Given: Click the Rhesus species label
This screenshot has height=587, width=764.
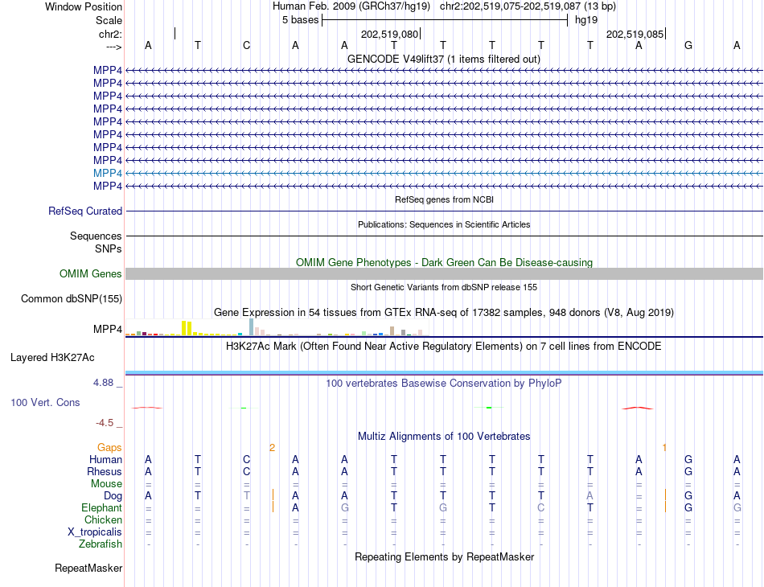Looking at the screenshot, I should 105,471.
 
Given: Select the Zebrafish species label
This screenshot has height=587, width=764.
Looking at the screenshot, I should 101,544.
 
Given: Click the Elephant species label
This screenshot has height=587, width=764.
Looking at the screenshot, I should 101,508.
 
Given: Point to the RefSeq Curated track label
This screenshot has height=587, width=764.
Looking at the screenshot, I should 85,211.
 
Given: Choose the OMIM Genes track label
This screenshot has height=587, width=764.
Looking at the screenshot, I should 91,274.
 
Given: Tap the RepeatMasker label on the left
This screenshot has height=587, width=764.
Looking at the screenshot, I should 88,569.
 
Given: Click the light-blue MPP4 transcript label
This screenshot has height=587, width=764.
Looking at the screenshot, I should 108,173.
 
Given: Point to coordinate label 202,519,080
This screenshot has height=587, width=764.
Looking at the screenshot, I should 390,35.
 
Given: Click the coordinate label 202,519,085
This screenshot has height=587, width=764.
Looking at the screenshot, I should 635,35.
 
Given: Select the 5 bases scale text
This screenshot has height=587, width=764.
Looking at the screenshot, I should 300,20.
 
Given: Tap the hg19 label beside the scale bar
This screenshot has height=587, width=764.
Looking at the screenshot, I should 585,20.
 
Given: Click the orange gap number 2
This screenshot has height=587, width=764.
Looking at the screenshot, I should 272,447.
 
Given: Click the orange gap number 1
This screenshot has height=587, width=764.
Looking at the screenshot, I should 664,447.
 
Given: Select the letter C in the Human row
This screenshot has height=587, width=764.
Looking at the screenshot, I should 246,459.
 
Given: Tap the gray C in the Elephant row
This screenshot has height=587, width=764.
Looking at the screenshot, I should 541,508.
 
